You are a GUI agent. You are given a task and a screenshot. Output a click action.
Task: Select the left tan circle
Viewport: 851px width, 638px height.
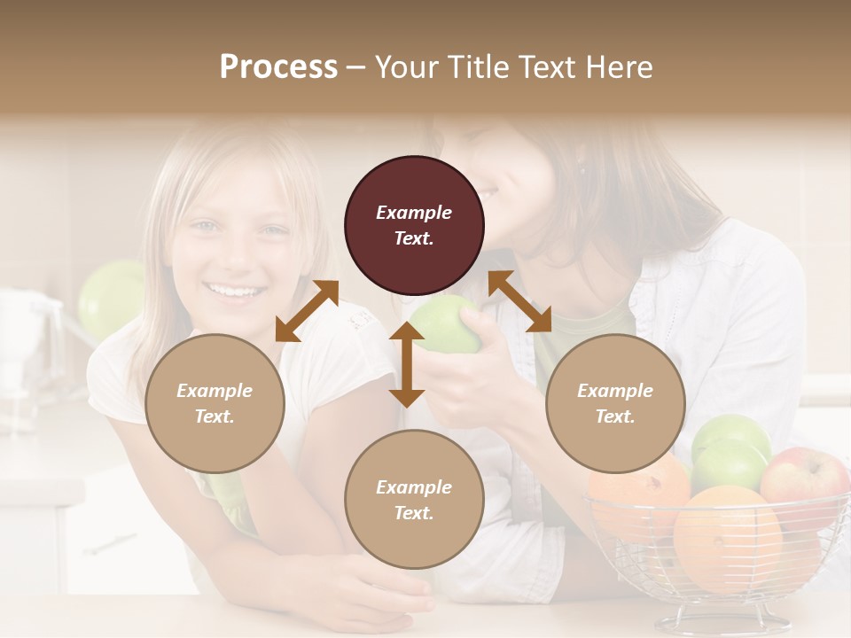coord(215,403)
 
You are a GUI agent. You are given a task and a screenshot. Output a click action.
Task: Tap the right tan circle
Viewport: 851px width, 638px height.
coord(615,403)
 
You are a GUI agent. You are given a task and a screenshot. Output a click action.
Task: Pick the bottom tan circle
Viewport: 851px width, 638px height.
coord(414,500)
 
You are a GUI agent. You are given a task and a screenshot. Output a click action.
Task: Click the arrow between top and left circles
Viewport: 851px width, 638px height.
coord(307,310)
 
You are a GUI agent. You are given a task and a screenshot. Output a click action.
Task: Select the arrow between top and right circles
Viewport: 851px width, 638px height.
coord(520,301)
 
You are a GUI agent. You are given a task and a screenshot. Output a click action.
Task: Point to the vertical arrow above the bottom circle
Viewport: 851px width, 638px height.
coord(407,365)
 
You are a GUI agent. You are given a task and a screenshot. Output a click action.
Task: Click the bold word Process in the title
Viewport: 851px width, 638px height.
coord(278,66)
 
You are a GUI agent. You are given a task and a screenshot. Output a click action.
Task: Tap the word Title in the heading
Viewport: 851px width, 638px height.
coord(480,66)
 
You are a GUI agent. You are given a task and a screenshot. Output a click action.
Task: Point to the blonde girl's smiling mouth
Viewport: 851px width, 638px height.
coord(235,290)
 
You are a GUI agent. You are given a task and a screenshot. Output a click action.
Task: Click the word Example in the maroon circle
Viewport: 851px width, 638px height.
coord(414,213)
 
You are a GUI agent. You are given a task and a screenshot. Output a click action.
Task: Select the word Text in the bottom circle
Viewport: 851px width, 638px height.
coord(413,513)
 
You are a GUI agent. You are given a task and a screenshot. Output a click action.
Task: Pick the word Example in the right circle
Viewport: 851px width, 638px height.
coord(615,391)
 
